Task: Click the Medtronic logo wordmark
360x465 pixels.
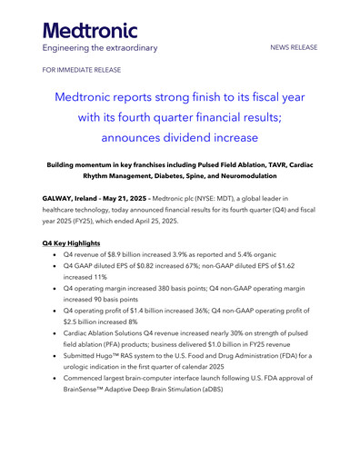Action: click(x=90, y=28)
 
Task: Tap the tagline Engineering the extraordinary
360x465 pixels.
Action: click(x=100, y=47)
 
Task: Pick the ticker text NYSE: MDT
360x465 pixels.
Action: click(x=237, y=197)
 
